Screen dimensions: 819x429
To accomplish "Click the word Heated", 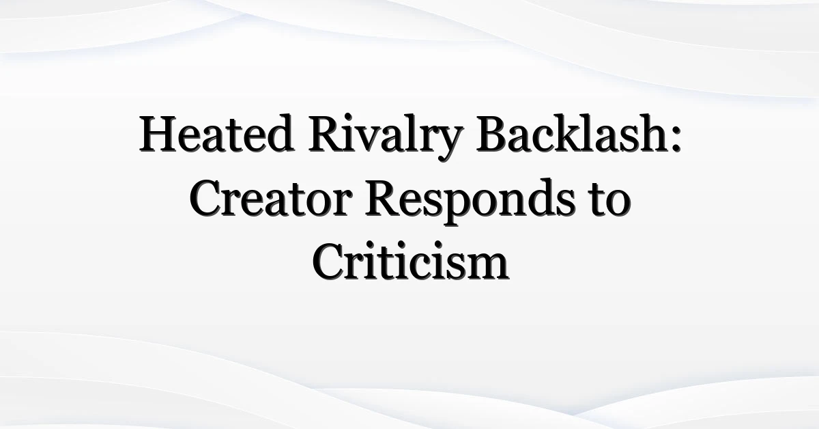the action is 216,133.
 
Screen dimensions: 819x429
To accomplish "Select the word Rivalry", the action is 386,137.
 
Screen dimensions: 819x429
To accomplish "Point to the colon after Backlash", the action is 676,139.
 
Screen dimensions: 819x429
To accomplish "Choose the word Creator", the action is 271,198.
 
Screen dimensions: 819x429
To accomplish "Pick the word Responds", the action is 470,202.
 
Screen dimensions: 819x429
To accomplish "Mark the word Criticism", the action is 410,260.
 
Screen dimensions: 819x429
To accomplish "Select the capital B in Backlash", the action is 493,134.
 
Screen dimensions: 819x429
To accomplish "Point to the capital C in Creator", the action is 207,198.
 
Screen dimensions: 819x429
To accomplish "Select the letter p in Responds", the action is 458,208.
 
